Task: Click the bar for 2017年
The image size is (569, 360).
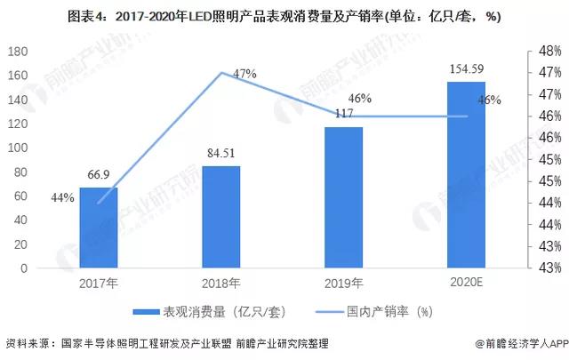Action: click(99, 228)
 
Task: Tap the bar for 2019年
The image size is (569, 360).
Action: click(343, 197)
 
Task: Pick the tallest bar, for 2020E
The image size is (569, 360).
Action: click(466, 175)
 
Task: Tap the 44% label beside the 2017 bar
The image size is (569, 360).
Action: click(62, 197)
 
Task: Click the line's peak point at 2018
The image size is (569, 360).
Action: click(220, 73)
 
